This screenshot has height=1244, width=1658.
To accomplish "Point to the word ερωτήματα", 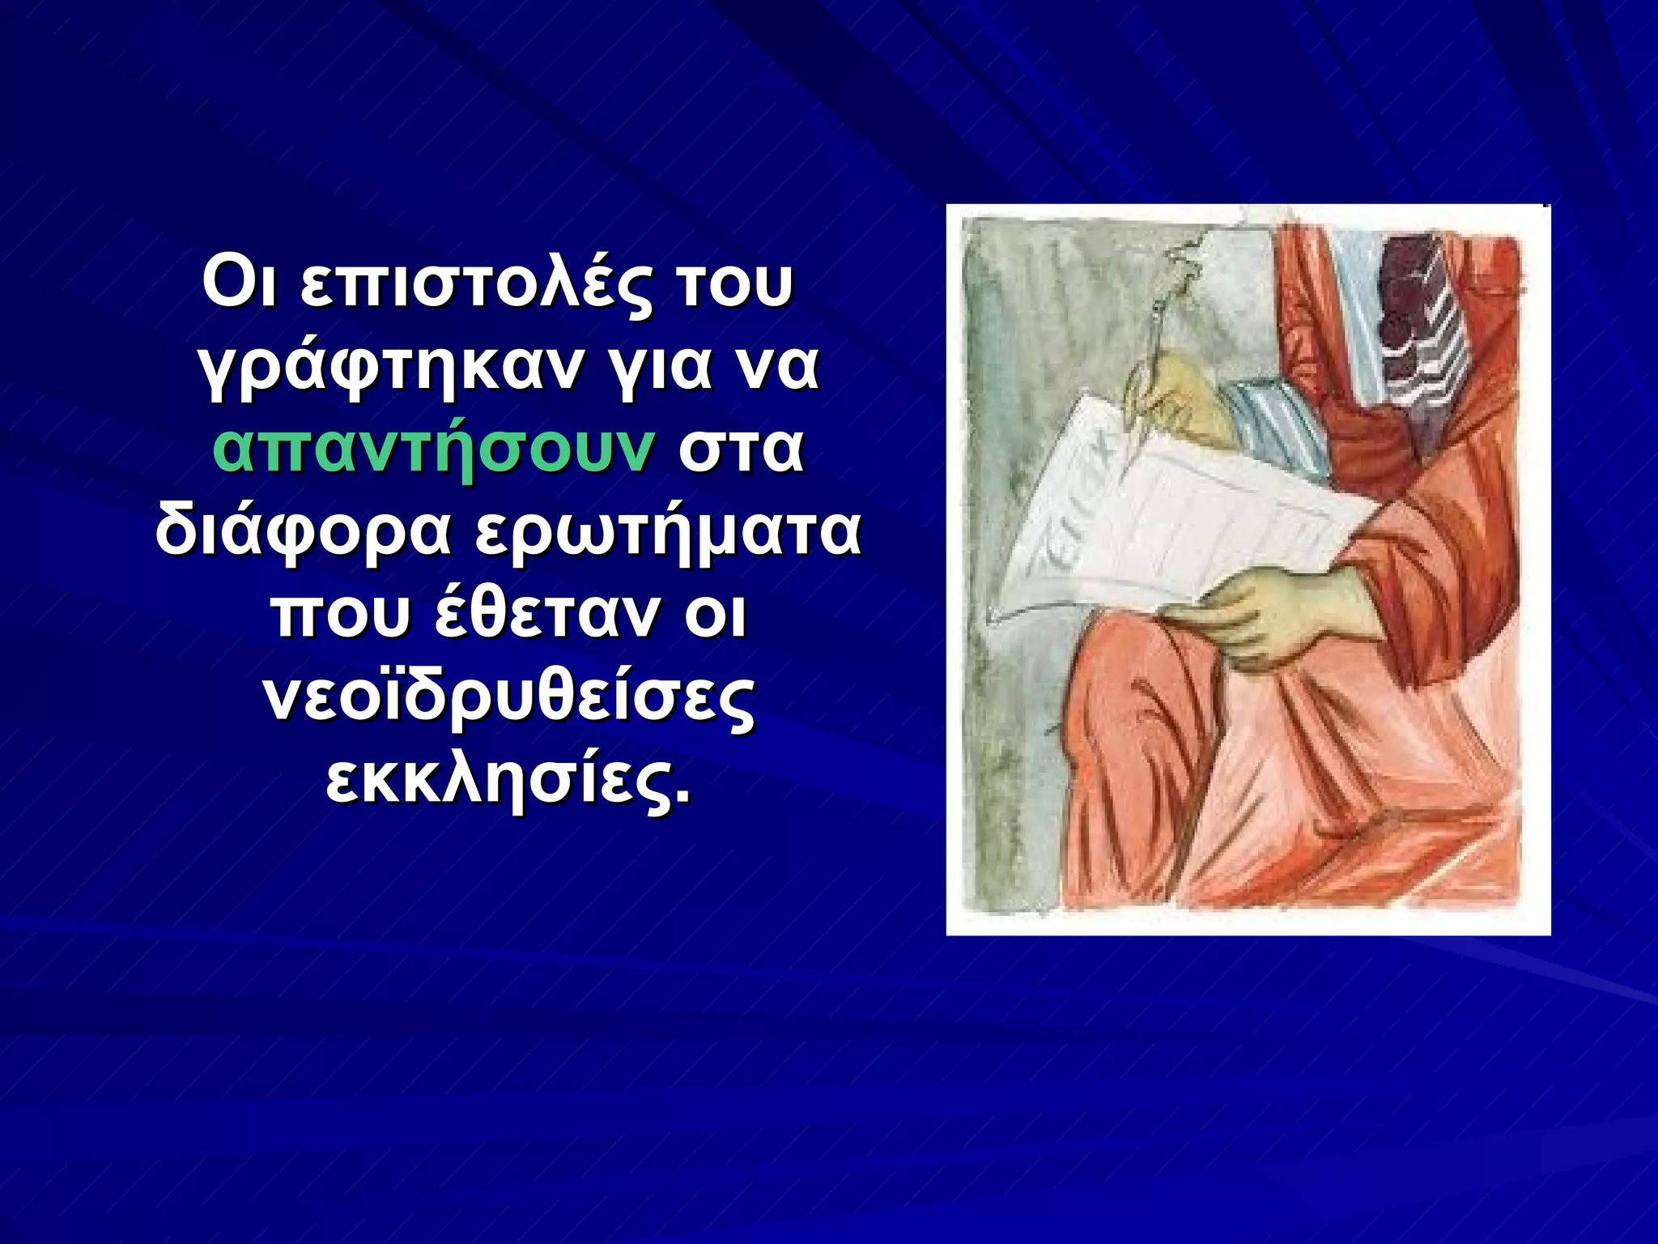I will click(x=668, y=533).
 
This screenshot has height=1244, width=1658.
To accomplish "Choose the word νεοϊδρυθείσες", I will click(x=509, y=698).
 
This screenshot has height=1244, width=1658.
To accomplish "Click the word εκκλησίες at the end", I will click(x=509, y=781).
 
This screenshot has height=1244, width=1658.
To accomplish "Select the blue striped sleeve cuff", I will click(x=1279, y=429).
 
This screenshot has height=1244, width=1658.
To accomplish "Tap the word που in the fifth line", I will click(x=341, y=616).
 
